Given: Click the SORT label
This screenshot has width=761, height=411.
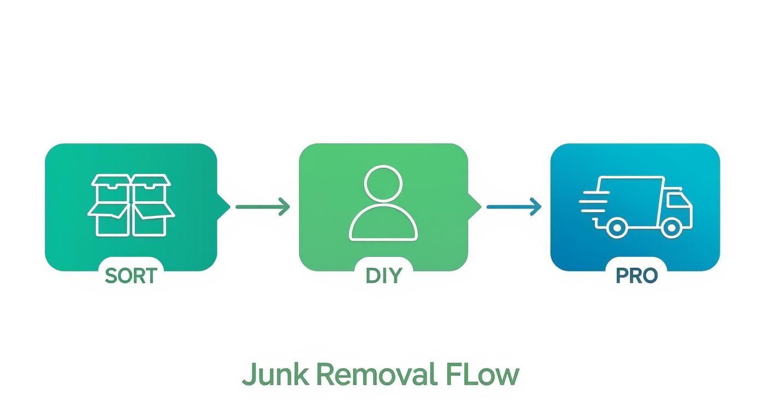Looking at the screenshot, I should tap(131, 275).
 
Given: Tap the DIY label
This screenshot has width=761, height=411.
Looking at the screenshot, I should tap(383, 275).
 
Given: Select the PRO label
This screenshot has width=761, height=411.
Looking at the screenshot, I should tap(636, 275).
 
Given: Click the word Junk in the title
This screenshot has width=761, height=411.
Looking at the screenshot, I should tap(276, 375).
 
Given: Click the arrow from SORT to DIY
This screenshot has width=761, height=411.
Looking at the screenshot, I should tap(262, 207).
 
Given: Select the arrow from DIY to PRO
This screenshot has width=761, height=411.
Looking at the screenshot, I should tap(513, 207).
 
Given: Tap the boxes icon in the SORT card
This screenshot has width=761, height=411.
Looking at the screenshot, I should tap(131, 205).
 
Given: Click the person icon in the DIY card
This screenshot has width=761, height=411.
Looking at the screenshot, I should tap(383, 203).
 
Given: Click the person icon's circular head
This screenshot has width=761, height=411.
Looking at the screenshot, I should tap(383, 185).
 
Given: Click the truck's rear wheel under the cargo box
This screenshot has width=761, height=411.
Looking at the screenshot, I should tap(617, 226).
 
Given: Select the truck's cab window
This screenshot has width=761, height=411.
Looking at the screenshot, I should tap(678, 200).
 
